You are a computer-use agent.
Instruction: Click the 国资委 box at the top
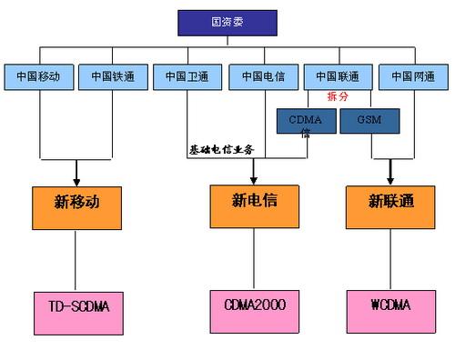tap(228, 20)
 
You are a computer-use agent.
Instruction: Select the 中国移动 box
tap(38, 76)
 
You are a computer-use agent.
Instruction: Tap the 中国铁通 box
tap(113, 76)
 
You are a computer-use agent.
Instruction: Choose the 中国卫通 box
tap(187, 76)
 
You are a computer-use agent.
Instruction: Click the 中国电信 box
tap(263, 76)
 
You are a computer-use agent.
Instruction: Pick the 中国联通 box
tap(338, 76)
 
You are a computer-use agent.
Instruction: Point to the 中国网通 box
tap(413, 76)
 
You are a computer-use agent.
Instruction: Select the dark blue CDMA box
tap(306, 120)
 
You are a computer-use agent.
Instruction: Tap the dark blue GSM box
tap(369, 120)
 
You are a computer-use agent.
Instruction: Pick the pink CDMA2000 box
tap(255, 305)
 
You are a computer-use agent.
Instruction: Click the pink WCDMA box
tap(390, 305)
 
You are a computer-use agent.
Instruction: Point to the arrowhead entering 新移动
tap(77, 178)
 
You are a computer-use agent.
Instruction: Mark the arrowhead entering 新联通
tap(391, 176)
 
